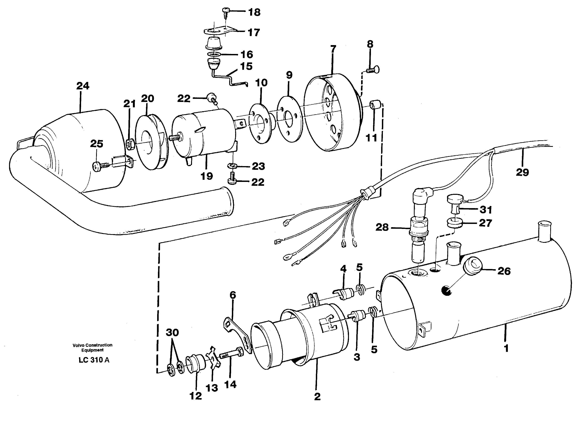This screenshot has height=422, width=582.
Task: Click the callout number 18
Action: [254, 12]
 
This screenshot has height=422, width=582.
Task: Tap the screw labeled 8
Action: [373, 70]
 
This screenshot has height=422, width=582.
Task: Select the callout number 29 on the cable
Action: [522, 172]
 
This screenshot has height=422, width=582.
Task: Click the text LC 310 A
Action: [94, 360]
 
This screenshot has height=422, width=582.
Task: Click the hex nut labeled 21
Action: [130, 145]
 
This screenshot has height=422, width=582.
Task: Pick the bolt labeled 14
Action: [231, 354]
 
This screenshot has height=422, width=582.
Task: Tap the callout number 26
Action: [504, 271]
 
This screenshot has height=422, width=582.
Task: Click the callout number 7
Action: [333, 49]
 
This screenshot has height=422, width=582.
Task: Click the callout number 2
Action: [317, 397]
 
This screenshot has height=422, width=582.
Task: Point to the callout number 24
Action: [83, 86]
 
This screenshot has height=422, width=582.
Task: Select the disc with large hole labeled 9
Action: [289, 118]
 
